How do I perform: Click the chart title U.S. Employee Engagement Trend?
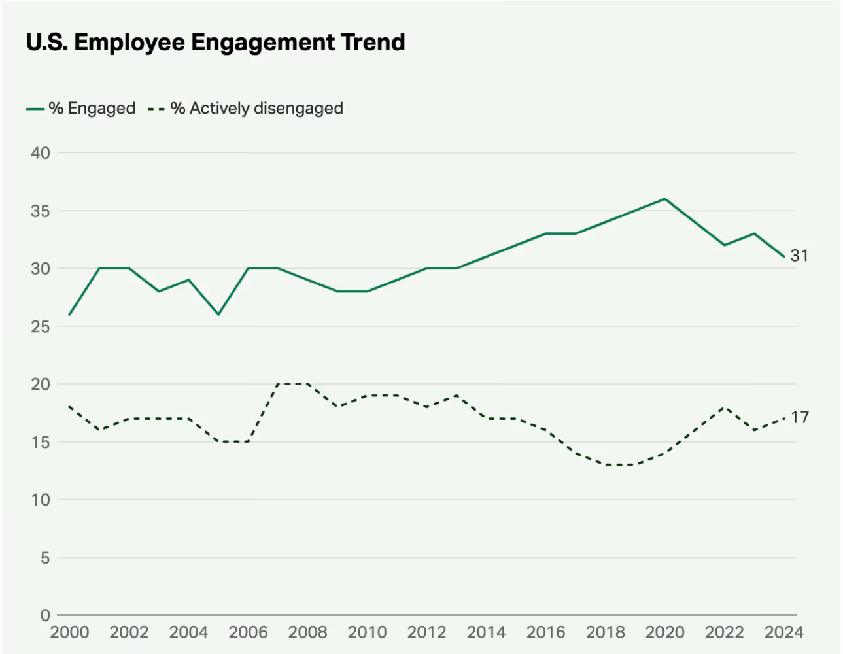215,43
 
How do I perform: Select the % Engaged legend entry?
81,109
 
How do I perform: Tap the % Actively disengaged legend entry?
246,109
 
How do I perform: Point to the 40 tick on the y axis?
40,153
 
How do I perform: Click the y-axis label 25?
40,326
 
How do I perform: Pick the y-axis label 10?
40,500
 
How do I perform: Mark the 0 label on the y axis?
44,615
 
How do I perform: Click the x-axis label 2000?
69,632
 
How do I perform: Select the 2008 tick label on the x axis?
307,632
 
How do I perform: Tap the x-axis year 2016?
545,632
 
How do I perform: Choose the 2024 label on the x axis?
783,632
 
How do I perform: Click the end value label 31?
799,256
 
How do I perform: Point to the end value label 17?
799,417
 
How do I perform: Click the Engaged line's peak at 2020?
665,199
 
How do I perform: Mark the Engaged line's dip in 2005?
218,315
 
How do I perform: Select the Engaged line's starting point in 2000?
69,315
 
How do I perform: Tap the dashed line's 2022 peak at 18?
725,407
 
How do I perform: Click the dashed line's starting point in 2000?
69,407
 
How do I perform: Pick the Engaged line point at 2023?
754,233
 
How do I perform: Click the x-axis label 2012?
426,632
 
